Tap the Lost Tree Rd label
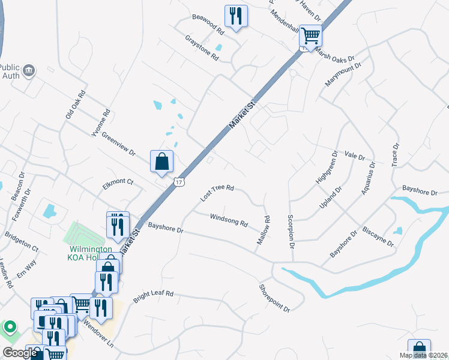(217, 192)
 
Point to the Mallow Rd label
(264, 230)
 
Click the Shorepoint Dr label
(275, 298)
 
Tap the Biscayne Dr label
(378, 238)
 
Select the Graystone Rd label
(202, 47)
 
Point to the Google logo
(20, 353)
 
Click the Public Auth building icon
(28, 73)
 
